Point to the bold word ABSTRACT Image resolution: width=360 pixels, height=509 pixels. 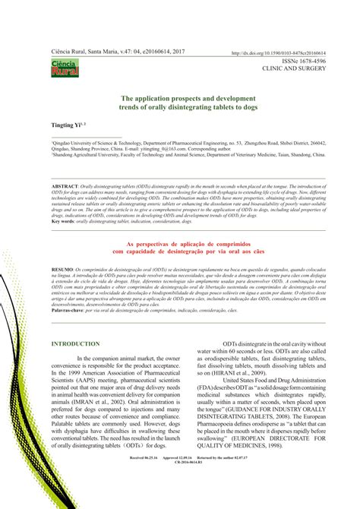[x=66, y=185]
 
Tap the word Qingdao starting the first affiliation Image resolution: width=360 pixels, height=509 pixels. [x=64, y=142]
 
